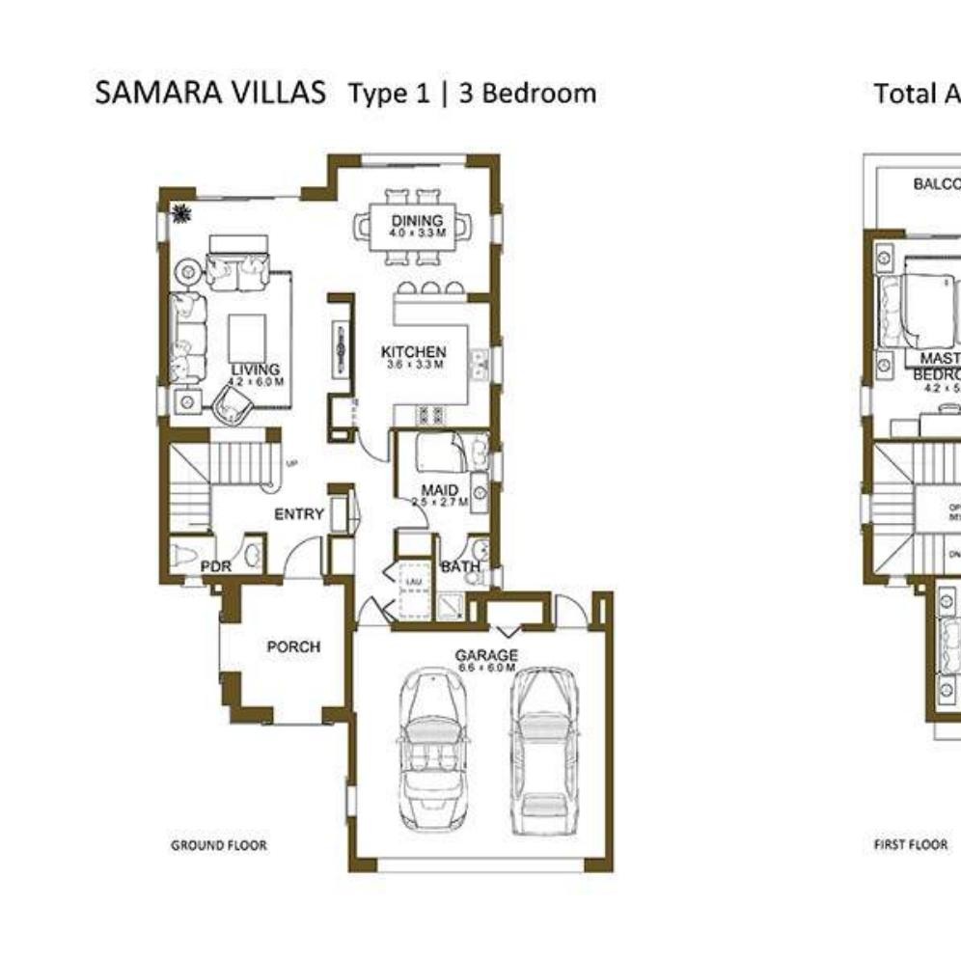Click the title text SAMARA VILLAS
pyautogui.click(x=210, y=94)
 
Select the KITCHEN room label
pyautogui.click(x=413, y=352)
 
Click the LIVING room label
pyautogui.click(x=255, y=370)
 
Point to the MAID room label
pyautogui.click(x=439, y=491)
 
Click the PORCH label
pyautogui.click(x=293, y=646)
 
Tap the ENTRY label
pyautogui.click(x=299, y=514)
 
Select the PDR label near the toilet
pyautogui.click(x=215, y=567)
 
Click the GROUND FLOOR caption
pyautogui.click(x=219, y=845)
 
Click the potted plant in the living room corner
pyautogui.click(x=179, y=213)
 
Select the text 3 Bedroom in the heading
pyautogui.click(x=527, y=94)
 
